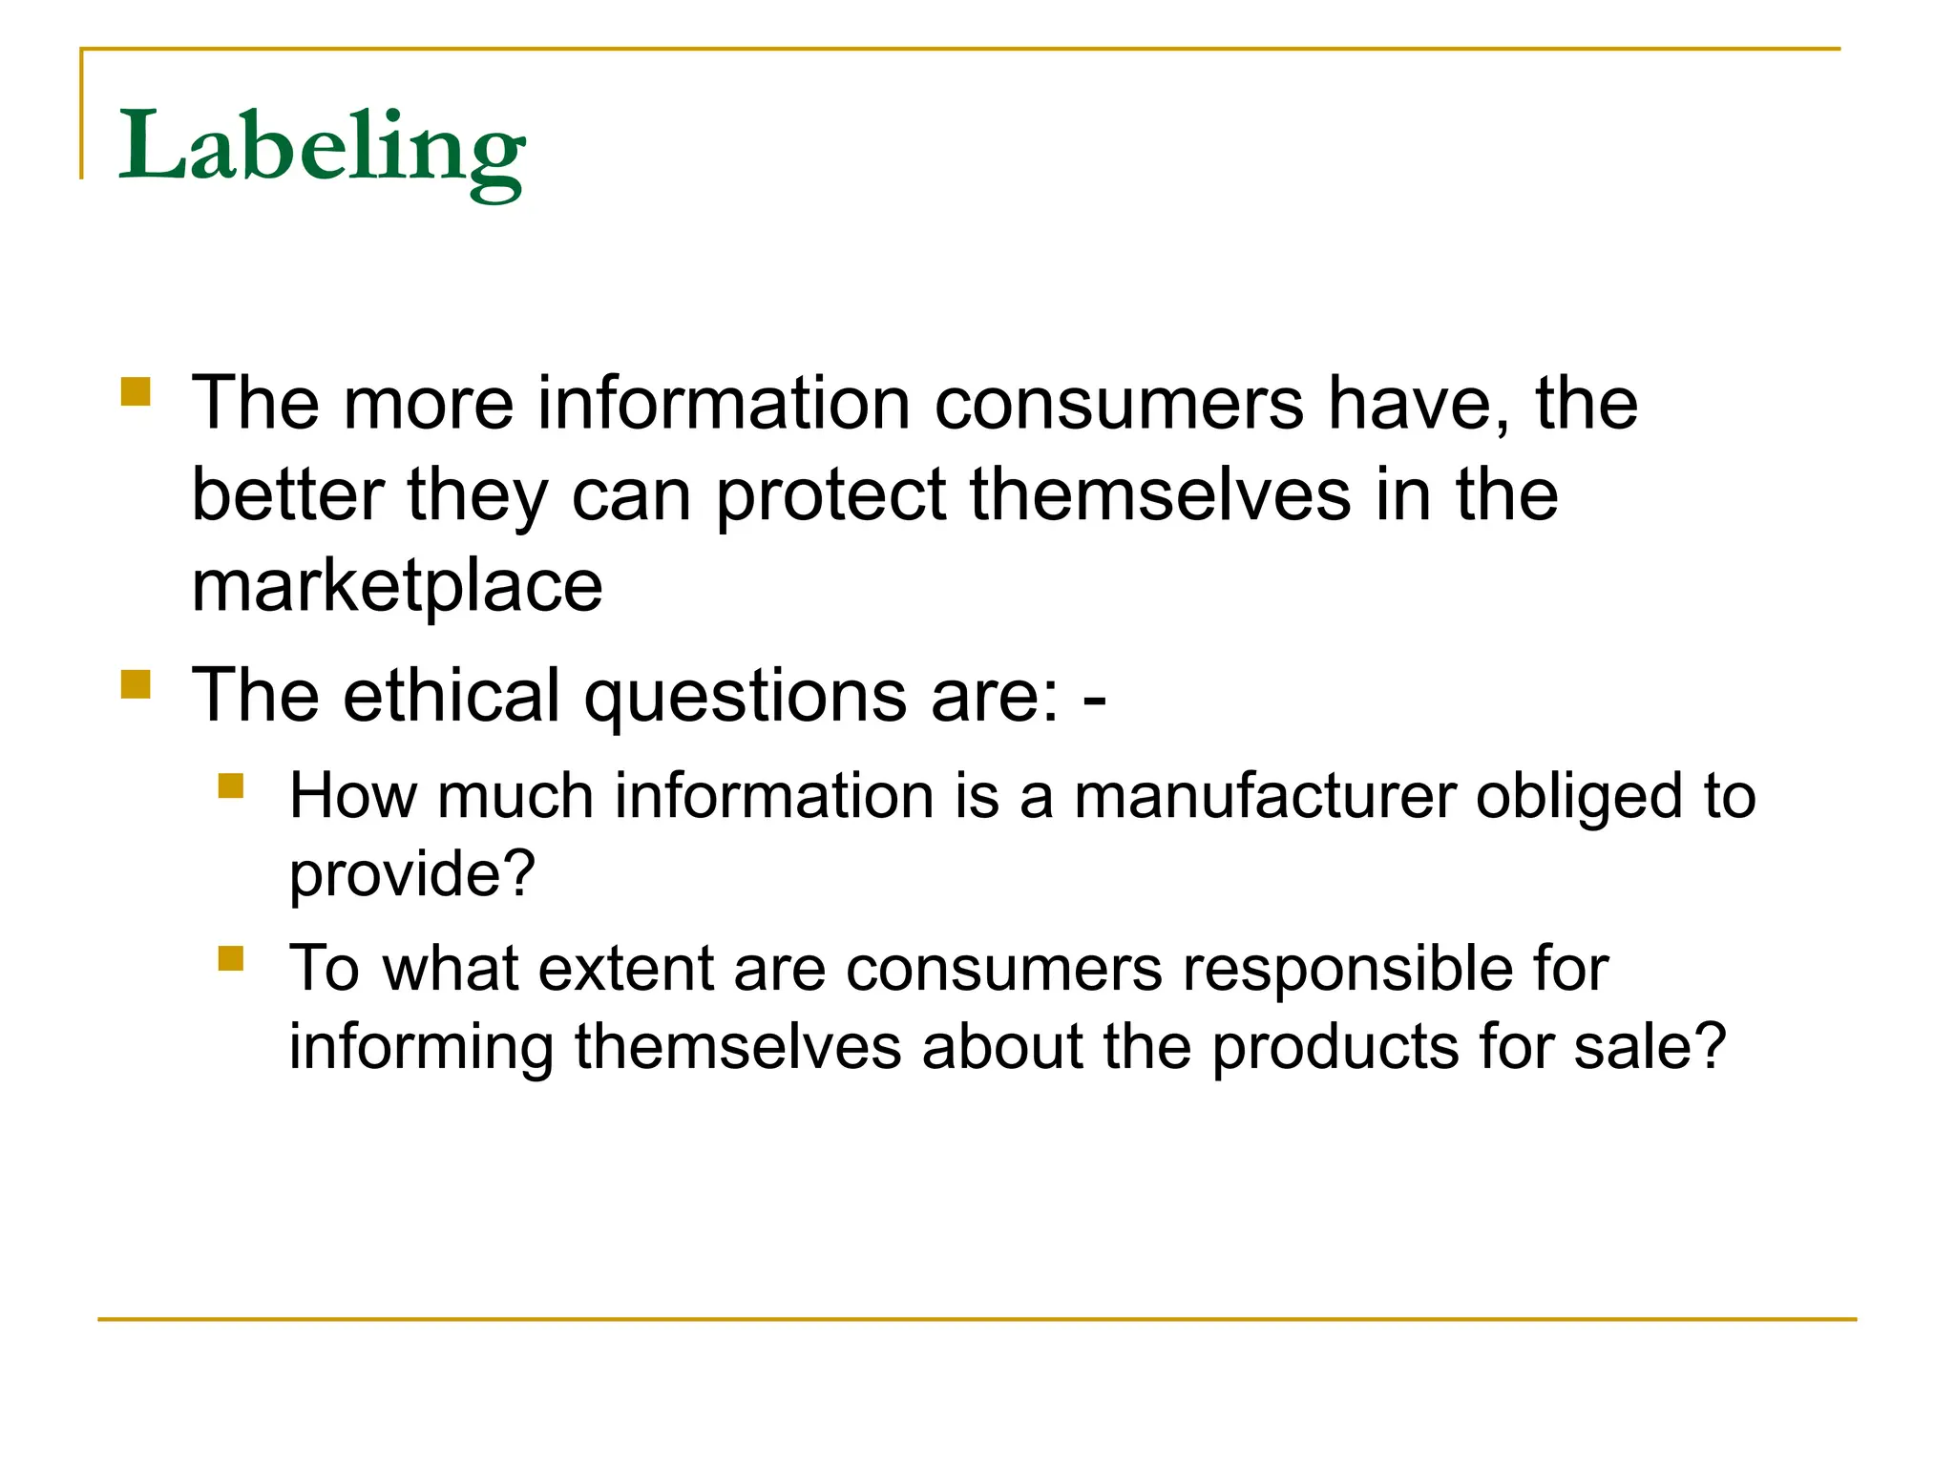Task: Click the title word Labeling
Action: [321, 148]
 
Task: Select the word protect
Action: [830, 495]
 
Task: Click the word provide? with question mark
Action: [412, 874]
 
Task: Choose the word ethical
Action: [451, 695]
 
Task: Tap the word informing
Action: [421, 1048]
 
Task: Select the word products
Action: [1335, 1048]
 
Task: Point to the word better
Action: [287, 495]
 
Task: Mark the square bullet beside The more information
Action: [136, 392]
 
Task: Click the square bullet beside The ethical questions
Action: [136, 684]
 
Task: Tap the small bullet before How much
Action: [231, 785]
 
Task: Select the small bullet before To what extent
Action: [231, 957]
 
